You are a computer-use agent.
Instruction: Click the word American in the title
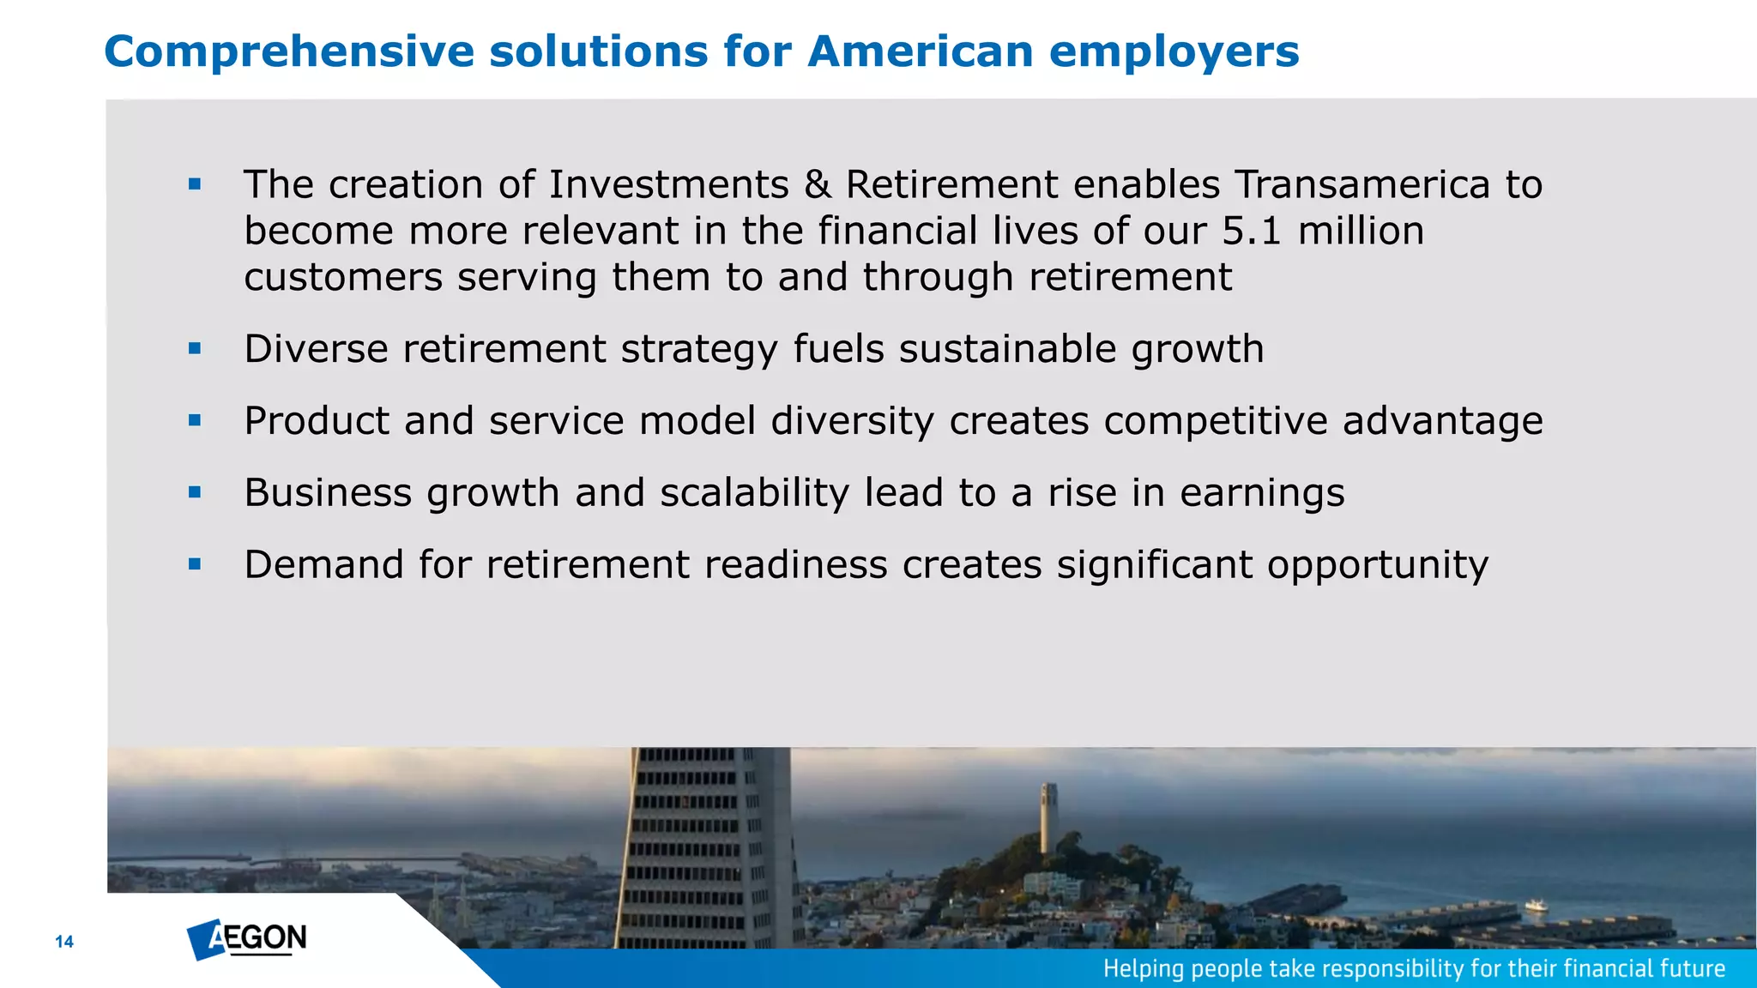tap(920, 51)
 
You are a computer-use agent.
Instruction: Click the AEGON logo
tap(247, 939)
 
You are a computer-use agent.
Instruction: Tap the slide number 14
tap(64, 942)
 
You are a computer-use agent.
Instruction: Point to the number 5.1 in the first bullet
tap(1251, 232)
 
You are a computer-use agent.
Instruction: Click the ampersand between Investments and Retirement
tap(818, 185)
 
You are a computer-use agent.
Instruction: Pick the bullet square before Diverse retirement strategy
tap(195, 348)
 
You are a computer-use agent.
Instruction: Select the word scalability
tap(754, 493)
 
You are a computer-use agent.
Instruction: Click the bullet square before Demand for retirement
tap(195, 564)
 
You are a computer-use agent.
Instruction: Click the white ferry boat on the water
tap(1536, 905)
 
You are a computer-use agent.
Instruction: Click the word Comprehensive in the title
tap(288, 51)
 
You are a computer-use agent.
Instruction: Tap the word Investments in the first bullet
tap(668, 185)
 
